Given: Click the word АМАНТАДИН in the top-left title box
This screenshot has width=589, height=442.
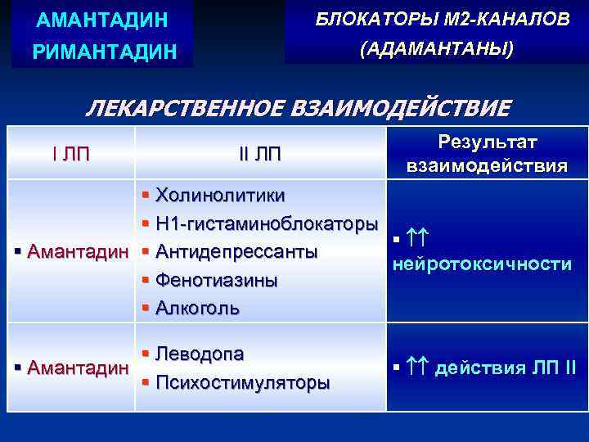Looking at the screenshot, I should pyautogui.click(x=95, y=17).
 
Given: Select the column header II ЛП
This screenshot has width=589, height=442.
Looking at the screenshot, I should pyautogui.click(x=259, y=154).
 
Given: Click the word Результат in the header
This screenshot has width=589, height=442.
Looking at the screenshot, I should pyautogui.click(x=488, y=142).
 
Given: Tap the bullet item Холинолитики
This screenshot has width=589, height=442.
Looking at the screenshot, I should pyautogui.click(x=220, y=196).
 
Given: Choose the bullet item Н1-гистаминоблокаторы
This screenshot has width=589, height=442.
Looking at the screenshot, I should pyautogui.click(x=267, y=223).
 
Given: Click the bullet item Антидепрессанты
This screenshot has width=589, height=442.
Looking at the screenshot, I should pyautogui.click(x=236, y=251).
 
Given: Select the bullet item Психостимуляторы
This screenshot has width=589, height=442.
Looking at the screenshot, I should pyautogui.click(x=242, y=382).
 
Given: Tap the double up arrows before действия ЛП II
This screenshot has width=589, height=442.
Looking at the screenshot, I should pyautogui.click(x=417, y=368).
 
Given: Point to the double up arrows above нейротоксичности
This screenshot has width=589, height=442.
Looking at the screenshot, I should pyautogui.click(x=418, y=238).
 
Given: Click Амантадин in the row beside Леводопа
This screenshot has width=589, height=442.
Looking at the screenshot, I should pyautogui.click(x=78, y=368).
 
